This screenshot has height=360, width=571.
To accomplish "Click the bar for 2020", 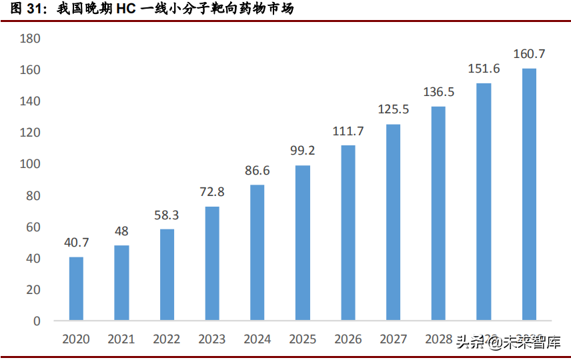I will click(x=76, y=289).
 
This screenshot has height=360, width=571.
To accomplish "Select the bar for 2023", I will click(x=212, y=263).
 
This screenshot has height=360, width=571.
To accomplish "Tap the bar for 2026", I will click(x=348, y=233).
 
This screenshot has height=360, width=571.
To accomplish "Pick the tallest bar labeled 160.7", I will click(x=529, y=194).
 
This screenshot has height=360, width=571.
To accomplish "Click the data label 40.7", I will click(x=76, y=243).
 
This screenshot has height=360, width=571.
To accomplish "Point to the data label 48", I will click(x=121, y=231).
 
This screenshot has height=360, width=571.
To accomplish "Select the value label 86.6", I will click(x=257, y=171).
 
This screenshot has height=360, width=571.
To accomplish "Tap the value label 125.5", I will click(x=394, y=109).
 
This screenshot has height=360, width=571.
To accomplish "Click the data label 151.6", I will click(x=484, y=69).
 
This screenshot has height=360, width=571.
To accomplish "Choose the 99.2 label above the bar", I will click(x=303, y=151).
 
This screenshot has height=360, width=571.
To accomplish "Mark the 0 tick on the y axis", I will click(x=37, y=321).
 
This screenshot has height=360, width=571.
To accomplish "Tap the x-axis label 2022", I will click(x=167, y=339).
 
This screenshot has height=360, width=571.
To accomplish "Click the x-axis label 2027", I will click(x=394, y=339).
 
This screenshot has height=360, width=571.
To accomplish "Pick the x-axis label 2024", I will click(x=257, y=339).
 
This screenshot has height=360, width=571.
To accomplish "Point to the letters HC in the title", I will click(x=122, y=9).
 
